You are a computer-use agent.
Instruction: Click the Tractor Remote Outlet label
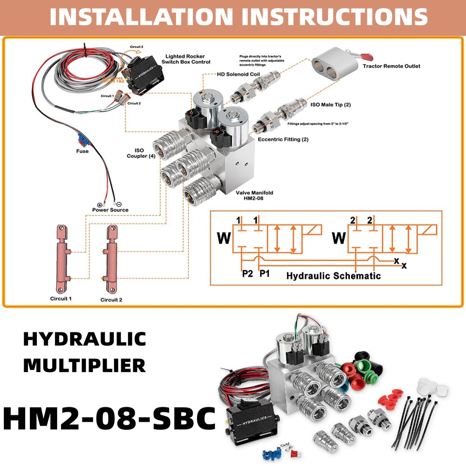391,66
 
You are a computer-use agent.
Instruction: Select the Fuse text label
82,151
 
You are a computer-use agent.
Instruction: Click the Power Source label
110,210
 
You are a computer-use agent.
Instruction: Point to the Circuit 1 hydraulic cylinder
62,258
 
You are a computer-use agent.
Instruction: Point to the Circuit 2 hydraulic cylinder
112,258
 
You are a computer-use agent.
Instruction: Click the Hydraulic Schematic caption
333,276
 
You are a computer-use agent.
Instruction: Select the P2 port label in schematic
247,274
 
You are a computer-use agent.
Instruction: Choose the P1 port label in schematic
264,274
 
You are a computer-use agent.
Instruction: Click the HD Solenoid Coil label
238,74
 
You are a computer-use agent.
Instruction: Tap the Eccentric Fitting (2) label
283,139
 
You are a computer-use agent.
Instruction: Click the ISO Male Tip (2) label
330,105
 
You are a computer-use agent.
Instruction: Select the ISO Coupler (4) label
141,153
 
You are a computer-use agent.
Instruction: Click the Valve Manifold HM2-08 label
254,195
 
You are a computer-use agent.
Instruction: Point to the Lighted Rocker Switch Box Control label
186,59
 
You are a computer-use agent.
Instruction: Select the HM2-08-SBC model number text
110,419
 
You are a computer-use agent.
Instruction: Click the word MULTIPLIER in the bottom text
85,366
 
